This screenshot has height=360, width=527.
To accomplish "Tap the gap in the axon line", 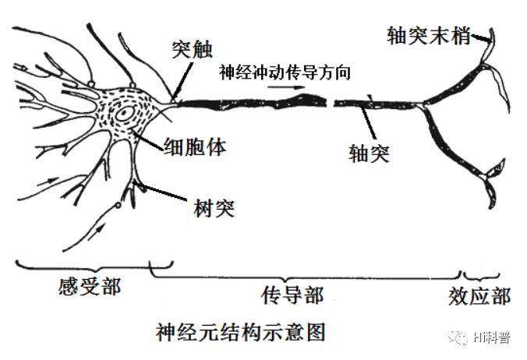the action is point(330,101).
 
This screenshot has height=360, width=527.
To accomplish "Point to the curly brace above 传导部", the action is point(304,275).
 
